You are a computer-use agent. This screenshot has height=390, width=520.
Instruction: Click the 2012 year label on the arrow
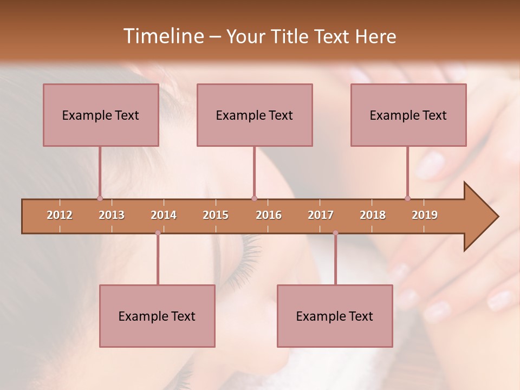click(x=60, y=215)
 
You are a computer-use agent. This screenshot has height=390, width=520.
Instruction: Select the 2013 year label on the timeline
click(x=112, y=215)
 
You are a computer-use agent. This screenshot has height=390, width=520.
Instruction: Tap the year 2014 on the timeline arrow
click(x=164, y=215)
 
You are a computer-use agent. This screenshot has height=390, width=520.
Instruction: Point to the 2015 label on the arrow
click(x=216, y=215)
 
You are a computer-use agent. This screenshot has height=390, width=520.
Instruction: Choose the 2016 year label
click(x=269, y=215)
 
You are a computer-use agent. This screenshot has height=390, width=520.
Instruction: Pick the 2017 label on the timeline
click(x=321, y=215)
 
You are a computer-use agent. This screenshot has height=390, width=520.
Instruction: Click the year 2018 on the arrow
click(x=373, y=215)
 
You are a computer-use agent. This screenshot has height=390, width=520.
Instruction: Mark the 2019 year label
click(x=425, y=215)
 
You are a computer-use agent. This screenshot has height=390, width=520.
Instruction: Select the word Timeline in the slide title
click(x=162, y=36)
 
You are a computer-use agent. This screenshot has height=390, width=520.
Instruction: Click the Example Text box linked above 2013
click(x=101, y=115)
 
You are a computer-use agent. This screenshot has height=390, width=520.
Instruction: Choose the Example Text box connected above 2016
click(x=255, y=115)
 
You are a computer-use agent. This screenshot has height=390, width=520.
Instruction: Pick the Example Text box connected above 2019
click(x=408, y=115)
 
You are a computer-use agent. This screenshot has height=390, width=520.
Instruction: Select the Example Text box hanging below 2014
click(x=157, y=316)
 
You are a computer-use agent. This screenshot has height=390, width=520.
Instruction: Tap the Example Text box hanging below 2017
click(x=335, y=316)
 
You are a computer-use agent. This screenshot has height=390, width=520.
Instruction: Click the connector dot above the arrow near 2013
click(x=100, y=198)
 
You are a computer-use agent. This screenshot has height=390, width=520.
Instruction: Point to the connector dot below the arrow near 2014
click(x=158, y=233)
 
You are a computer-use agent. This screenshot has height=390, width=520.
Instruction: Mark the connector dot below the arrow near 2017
click(x=335, y=233)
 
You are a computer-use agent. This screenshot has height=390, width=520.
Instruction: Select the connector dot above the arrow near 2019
click(x=407, y=198)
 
